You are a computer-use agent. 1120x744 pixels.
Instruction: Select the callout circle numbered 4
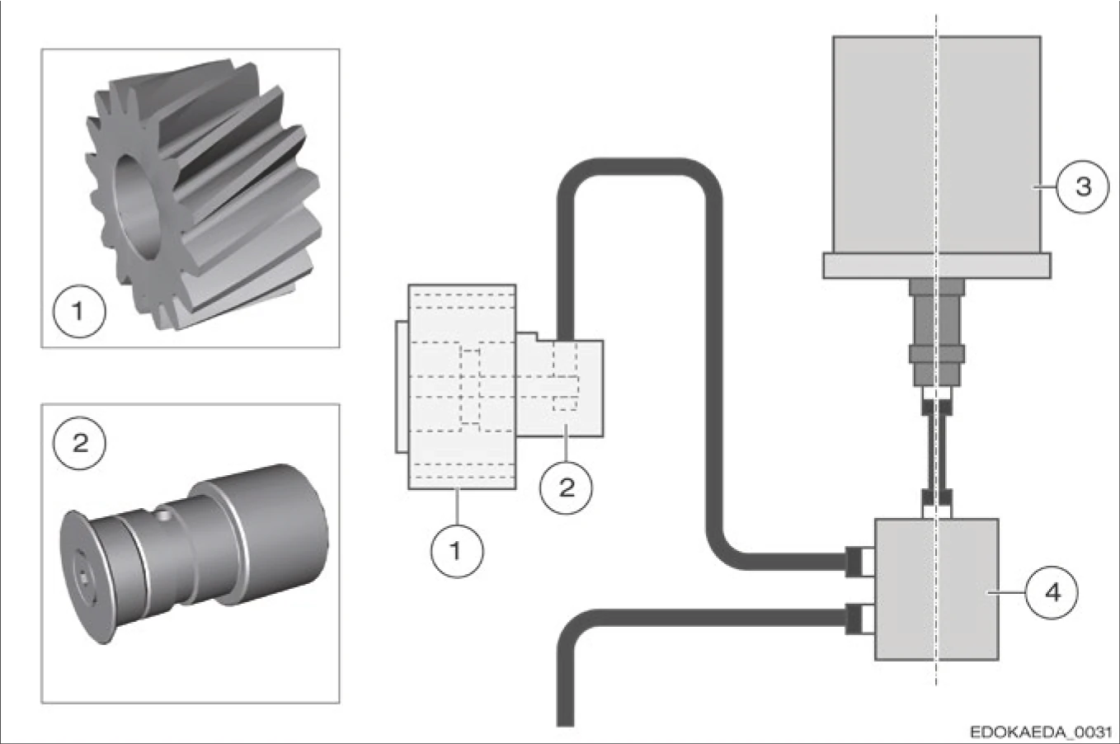(1052, 591)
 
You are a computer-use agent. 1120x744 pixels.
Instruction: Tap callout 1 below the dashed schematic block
(457, 550)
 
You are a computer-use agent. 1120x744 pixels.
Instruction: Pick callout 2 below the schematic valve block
(567, 487)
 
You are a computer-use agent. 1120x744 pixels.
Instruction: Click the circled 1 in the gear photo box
(78, 312)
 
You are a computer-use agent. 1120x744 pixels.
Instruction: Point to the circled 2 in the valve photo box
(80, 443)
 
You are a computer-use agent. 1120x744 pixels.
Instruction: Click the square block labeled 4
(936, 590)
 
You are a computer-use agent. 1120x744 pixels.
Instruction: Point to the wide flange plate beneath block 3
(936, 266)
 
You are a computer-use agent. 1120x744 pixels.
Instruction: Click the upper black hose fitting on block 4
(858, 561)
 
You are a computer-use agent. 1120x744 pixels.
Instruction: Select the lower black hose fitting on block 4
(858, 618)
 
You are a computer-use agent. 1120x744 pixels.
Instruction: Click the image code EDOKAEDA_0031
(1041, 732)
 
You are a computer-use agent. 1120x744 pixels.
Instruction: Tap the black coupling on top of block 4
(936, 497)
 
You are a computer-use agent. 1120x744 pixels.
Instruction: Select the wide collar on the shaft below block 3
(936, 354)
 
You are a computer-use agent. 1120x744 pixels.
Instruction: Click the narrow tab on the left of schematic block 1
(401, 386)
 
